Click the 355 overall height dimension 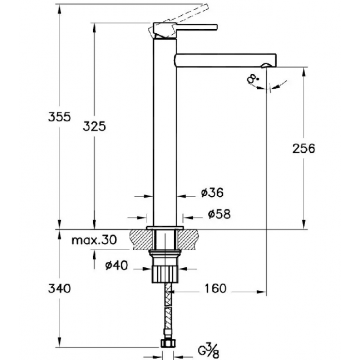tap(59, 117)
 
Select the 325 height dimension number tap(94, 126)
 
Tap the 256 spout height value tap(304, 148)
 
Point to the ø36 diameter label tap(212, 193)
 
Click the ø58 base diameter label tap(219, 214)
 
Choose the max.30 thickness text tap(94, 240)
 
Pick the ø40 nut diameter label tap(116, 265)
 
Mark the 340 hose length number tap(59, 288)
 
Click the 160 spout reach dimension tap(216, 288)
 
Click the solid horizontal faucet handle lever tap(196, 27)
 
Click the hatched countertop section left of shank tap(141, 240)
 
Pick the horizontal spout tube tap(225, 60)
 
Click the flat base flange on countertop tap(165, 228)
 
